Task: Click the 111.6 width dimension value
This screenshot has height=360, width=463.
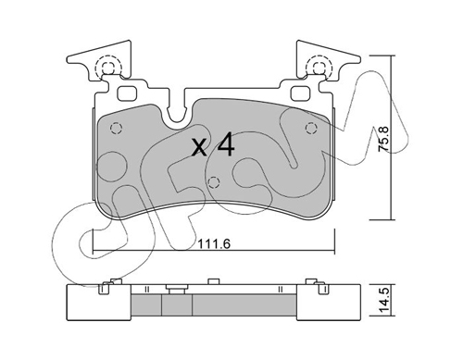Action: [214, 244]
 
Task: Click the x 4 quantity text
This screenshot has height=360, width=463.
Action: [213, 144]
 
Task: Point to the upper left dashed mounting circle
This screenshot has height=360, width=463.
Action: [108, 68]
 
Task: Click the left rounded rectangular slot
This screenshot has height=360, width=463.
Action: [127, 93]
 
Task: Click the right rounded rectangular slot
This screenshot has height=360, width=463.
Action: [301, 93]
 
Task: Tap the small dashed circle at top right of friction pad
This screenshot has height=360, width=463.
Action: [311, 128]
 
